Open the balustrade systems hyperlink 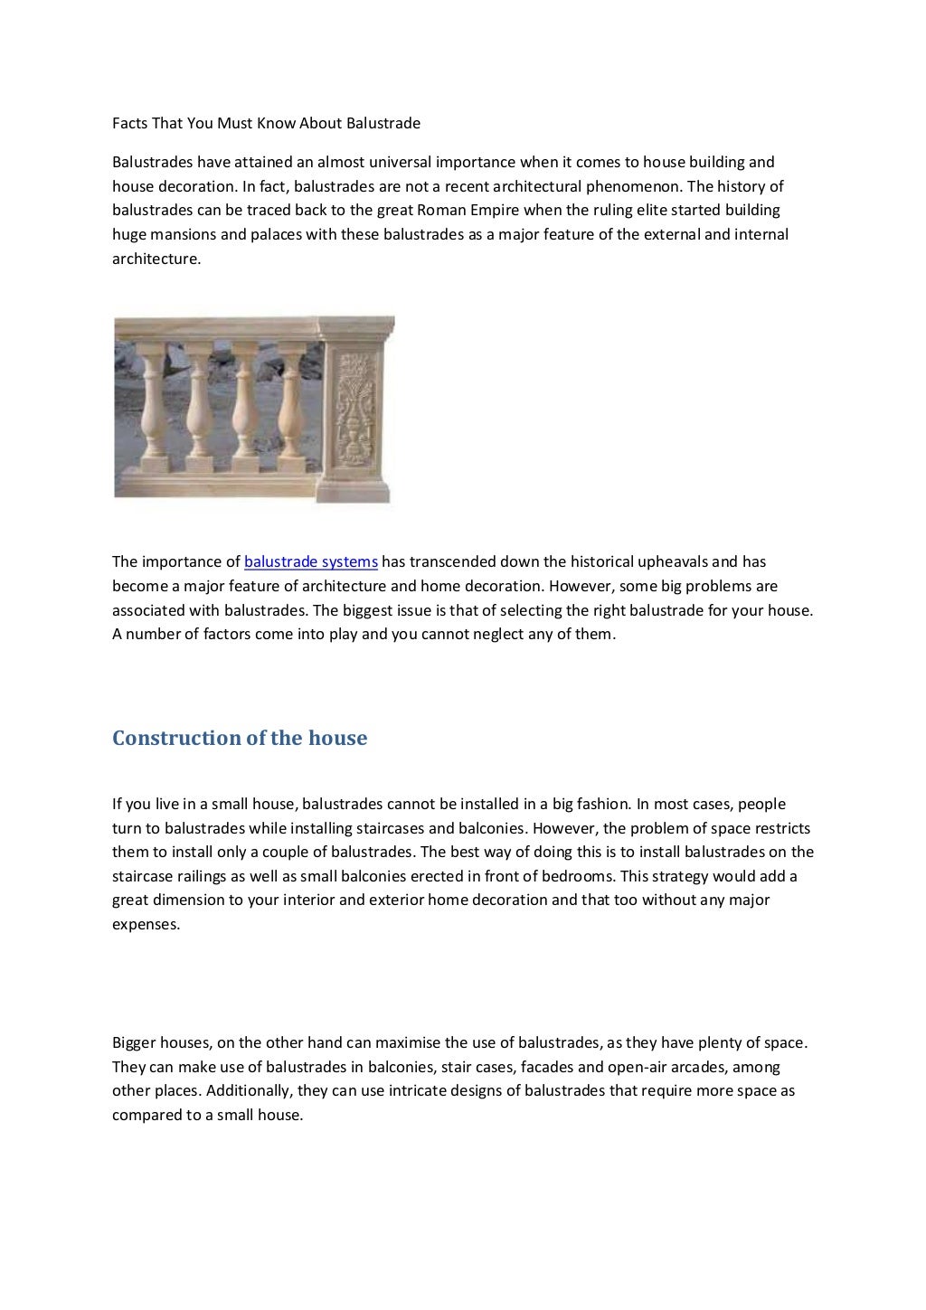coord(311,562)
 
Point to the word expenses coord(146,924)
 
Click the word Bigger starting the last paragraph coord(135,1043)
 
